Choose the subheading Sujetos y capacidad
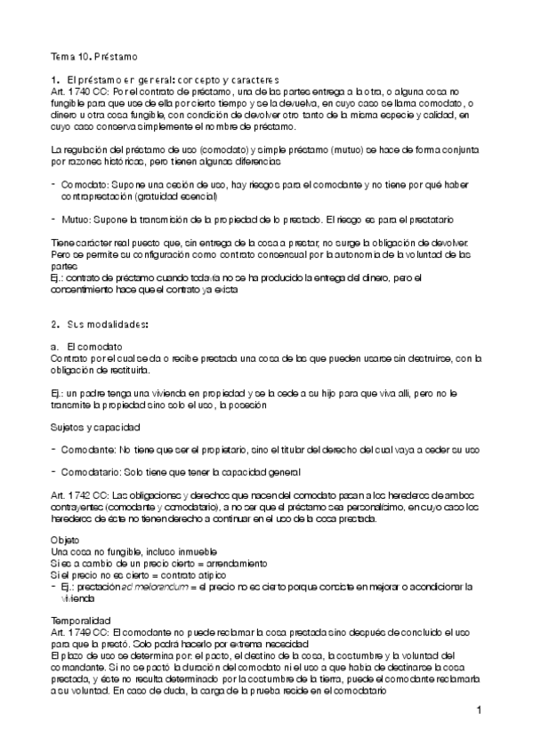point(94,428)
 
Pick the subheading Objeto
point(67,541)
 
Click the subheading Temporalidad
point(81,618)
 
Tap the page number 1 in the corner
point(478,710)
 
